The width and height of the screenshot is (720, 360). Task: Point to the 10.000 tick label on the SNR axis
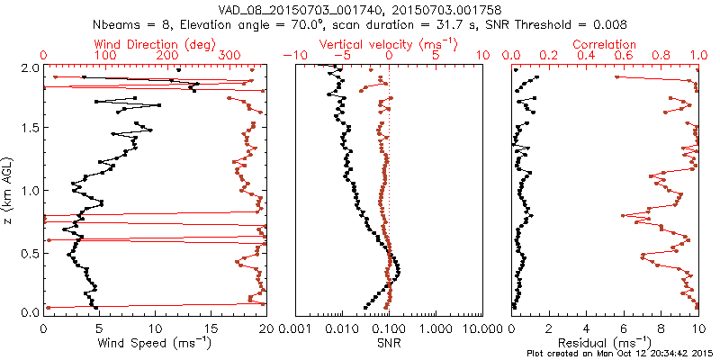point(478,328)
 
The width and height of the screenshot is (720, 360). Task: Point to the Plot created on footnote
point(620,353)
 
